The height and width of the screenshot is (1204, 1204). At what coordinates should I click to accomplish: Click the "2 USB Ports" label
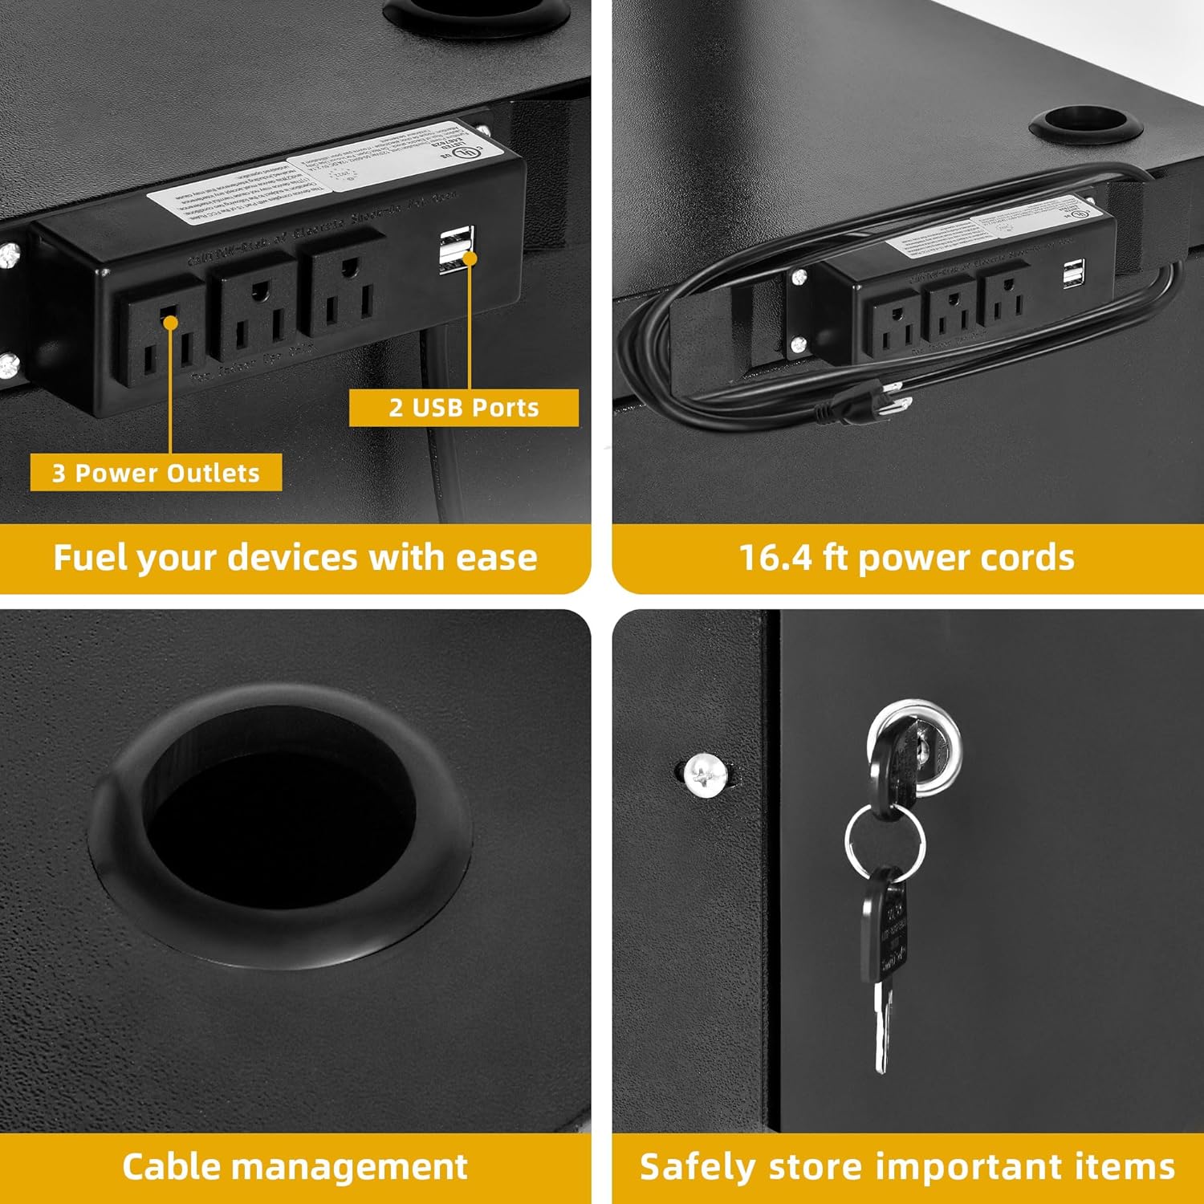click(x=464, y=408)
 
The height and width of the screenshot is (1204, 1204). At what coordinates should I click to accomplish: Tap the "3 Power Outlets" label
click(x=156, y=473)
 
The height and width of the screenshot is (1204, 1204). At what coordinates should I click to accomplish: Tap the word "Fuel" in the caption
click(x=88, y=557)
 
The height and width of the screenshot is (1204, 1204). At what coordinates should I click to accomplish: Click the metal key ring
click(x=885, y=843)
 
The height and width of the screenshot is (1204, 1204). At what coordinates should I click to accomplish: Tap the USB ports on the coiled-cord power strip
click(x=1072, y=275)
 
